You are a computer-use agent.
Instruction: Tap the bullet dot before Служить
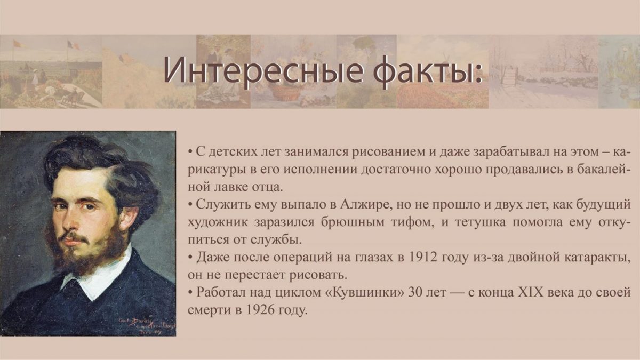pyautogui.click(x=190, y=205)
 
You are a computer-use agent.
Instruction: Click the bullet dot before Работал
pyautogui.click(x=190, y=293)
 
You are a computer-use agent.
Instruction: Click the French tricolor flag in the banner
pyautogui.click(x=73, y=45)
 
